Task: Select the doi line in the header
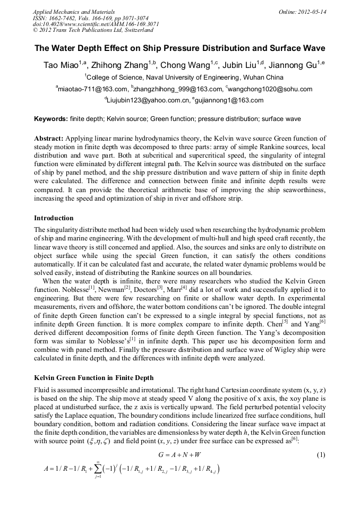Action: [x=81, y=24]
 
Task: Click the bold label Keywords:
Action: [x=51, y=119]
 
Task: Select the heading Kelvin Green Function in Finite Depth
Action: [x=94, y=378]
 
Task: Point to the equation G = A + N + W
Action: [x=179, y=455]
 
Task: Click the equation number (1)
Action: [x=320, y=455]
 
